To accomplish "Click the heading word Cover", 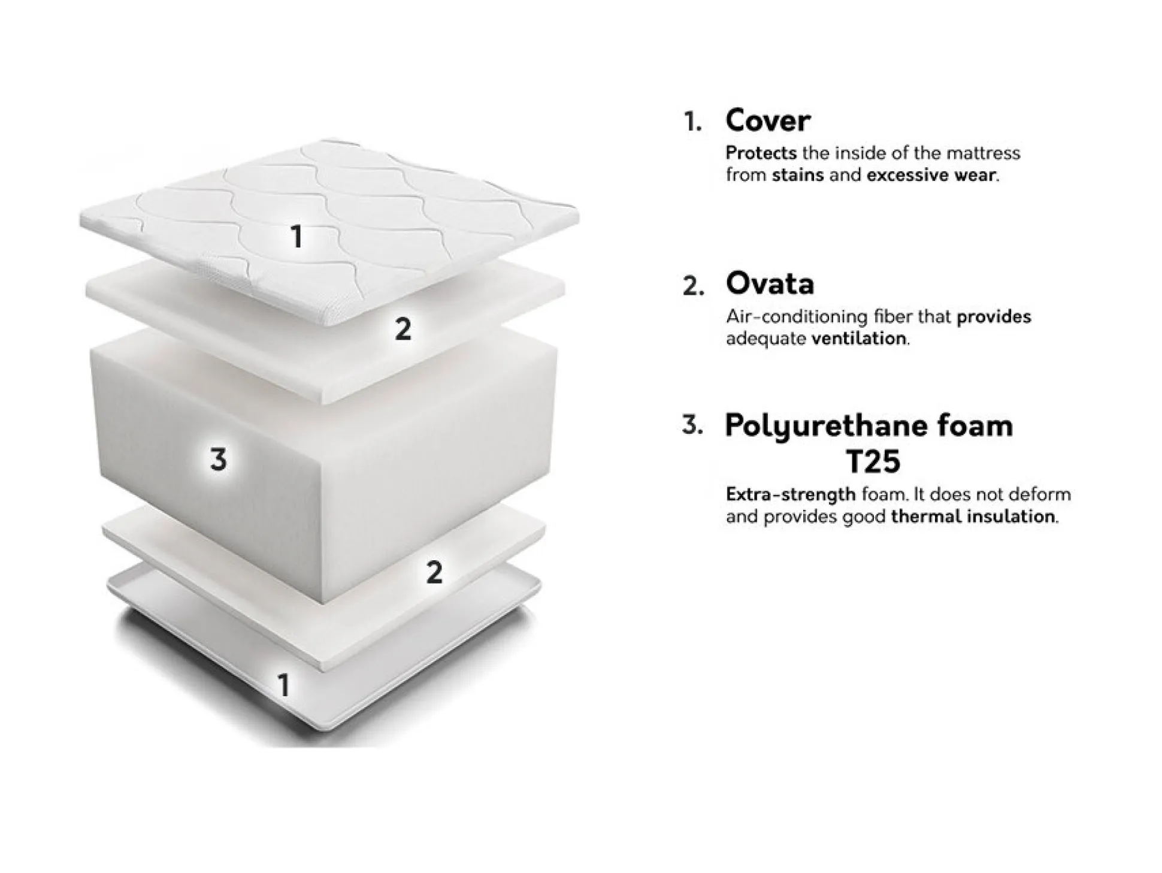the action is point(767,121).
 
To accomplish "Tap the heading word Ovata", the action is point(770,284).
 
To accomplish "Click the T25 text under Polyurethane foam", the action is point(873,461).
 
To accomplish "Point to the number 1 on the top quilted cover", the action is point(296,237).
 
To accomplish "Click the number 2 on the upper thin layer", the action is point(403,329).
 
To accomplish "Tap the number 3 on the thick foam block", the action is point(219,460).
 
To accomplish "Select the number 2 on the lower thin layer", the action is point(434,572).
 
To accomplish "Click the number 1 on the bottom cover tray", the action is point(284,685).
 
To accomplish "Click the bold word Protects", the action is point(761,153).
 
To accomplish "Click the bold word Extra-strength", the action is point(791,495).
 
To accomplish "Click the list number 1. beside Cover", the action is point(693,123).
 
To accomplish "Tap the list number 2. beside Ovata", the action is point(693,286).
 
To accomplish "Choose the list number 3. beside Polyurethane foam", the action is point(692,425).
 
